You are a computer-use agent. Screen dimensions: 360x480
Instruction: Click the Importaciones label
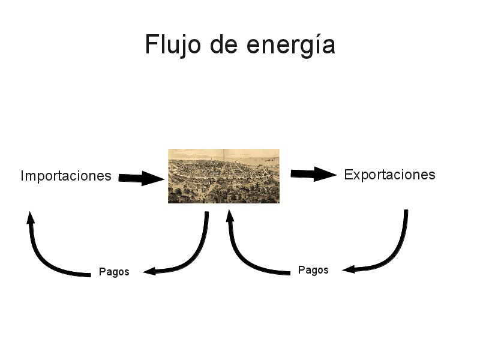point(66,176)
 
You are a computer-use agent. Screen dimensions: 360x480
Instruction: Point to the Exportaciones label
point(389,175)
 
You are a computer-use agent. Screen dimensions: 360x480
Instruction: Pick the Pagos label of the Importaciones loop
point(114,272)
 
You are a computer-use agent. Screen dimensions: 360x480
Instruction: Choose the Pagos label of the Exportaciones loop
point(313,270)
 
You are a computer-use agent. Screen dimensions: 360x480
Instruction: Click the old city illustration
point(223,176)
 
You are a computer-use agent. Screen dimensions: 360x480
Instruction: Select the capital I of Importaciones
point(22,176)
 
